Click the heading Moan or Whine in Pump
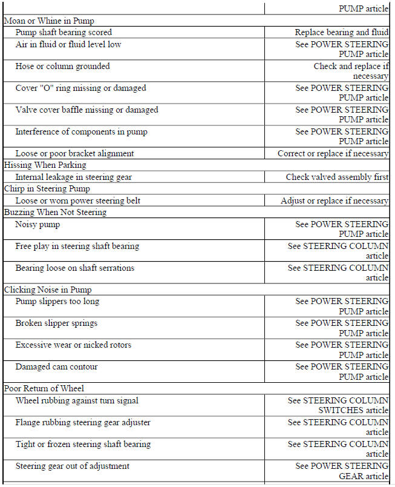(x=49, y=21)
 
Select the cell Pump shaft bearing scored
(x=64, y=32)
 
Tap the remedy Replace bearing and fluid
(x=341, y=32)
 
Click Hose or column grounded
(x=62, y=66)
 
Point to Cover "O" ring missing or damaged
(x=80, y=88)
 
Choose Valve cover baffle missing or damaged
(x=87, y=110)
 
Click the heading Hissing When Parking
(x=45, y=165)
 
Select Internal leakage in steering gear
(x=73, y=177)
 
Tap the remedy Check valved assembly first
(x=337, y=177)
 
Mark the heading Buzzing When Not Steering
(x=55, y=212)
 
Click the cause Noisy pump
(x=38, y=224)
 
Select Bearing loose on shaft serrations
(x=74, y=268)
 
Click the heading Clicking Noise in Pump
(x=48, y=290)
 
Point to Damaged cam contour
(x=56, y=366)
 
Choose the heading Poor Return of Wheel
(x=44, y=388)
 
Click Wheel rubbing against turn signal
(x=77, y=400)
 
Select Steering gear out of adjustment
(x=72, y=466)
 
